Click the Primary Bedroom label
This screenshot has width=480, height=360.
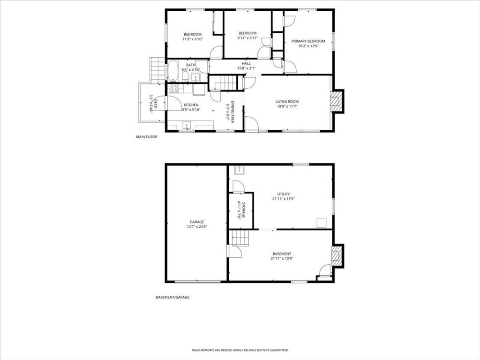pos(308,41)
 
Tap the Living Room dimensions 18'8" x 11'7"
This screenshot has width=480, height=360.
pos(287,106)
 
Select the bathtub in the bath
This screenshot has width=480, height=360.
pos(173,71)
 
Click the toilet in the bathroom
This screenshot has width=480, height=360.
pos(185,76)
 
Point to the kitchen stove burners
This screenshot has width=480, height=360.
pos(174,89)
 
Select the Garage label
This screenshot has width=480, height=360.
pos(197,222)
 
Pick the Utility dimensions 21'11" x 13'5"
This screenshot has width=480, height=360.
pos(283,199)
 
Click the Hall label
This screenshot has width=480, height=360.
pos(246,64)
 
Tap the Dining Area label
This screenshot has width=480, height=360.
pos(232,112)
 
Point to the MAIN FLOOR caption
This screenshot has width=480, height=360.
pos(147,137)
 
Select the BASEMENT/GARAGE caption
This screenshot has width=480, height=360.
pos(172,297)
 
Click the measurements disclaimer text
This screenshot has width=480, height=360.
pos(240,350)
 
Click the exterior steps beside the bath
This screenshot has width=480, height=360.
pos(158,70)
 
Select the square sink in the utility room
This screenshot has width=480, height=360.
pos(240,171)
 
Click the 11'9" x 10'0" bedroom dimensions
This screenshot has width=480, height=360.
pos(193,39)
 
